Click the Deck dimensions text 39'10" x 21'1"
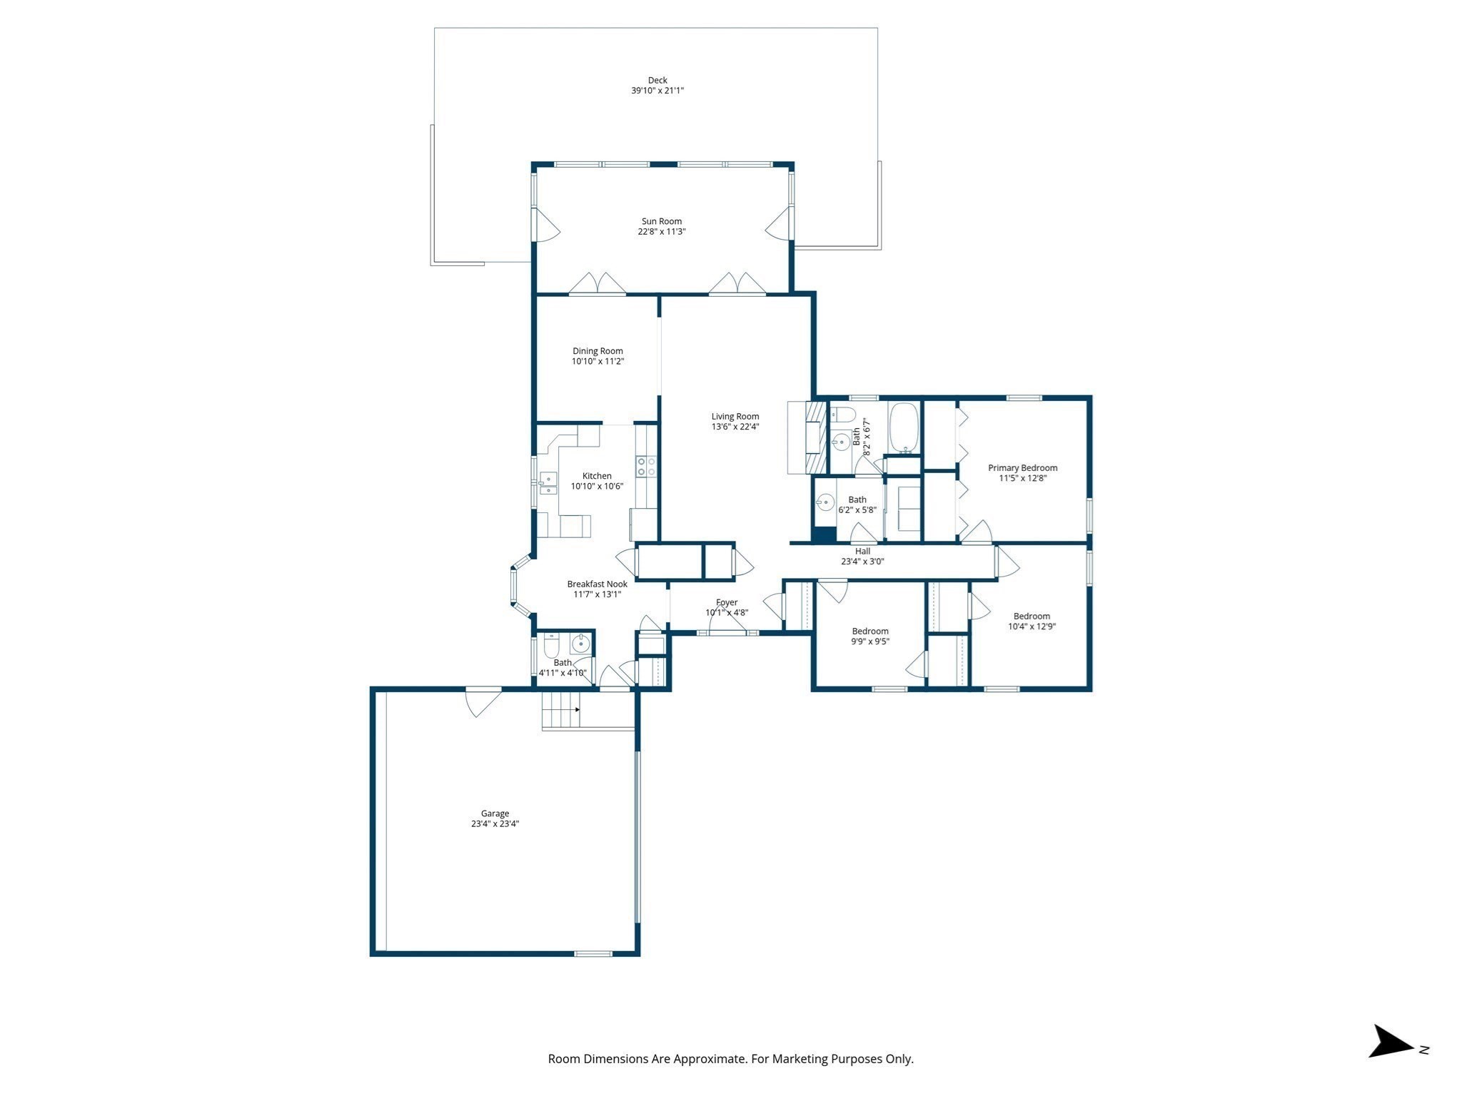(657, 91)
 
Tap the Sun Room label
(661, 221)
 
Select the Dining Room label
(598, 351)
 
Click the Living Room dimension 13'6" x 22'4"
(735, 427)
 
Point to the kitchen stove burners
(647, 467)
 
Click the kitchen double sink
(548, 484)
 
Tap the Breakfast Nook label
(597, 584)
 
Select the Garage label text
(495, 813)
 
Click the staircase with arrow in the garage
(560, 709)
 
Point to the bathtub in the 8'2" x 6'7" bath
(904, 428)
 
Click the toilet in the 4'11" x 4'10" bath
(551, 648)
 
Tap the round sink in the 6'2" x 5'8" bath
(825, 504)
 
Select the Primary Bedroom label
(1022, 468)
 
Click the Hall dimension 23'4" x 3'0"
(862, 562)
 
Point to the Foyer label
(727, 602)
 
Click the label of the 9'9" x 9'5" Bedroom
(870, 631)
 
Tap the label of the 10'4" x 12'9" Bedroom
(1032, 616)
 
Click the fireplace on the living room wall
(813, 437)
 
